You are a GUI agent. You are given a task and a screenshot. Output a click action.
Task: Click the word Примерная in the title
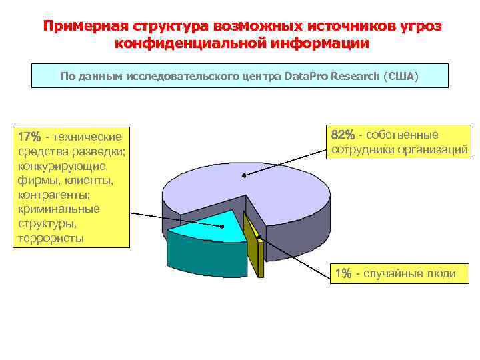pyautogui.click(x=85, y=27)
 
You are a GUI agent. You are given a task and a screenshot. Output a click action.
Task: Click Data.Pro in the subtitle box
pyautogui.click(x=307, y=76)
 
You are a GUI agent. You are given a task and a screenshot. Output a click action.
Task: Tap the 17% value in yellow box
pyautogui.click(x=31, y=137)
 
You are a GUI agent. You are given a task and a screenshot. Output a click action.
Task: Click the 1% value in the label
pyautogui.click(x=343, y=274)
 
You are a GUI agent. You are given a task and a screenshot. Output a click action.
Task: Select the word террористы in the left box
pyautogui.click(x=51, y=238)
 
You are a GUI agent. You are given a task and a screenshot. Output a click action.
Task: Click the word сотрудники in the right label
pyautogui.click(x=360, y=150)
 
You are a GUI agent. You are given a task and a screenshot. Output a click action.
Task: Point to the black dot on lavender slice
pyautogui.click(x=245, y=176)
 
